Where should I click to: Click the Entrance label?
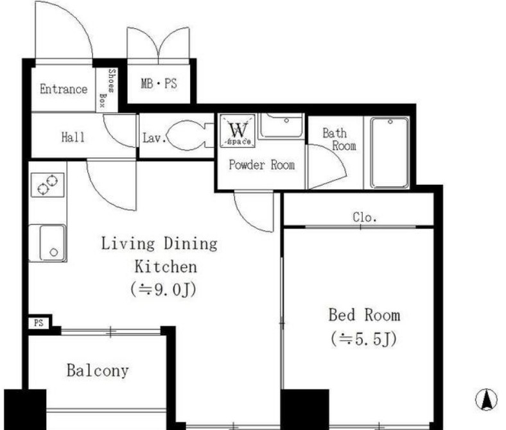coord(64,89)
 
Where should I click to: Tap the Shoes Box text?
coord(107,89)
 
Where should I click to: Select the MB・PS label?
coord(159,83)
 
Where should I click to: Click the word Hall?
coord(73,137)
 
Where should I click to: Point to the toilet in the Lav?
coord(191,135)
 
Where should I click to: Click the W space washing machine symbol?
coord(238,131)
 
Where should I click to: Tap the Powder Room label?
coord(262,165)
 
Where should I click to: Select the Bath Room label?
coord(339,139)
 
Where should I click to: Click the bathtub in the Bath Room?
coord(390,153)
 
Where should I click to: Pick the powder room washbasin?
coord(281,126)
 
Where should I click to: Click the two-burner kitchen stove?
coord(48,185)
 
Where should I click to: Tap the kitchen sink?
coord(52,243)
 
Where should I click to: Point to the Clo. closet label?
coord(365,217)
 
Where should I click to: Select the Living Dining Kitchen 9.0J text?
coord(160,266)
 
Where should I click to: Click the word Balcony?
coord(98,370)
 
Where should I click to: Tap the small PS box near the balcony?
coord(39,323)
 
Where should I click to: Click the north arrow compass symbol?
coord(486,400)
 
